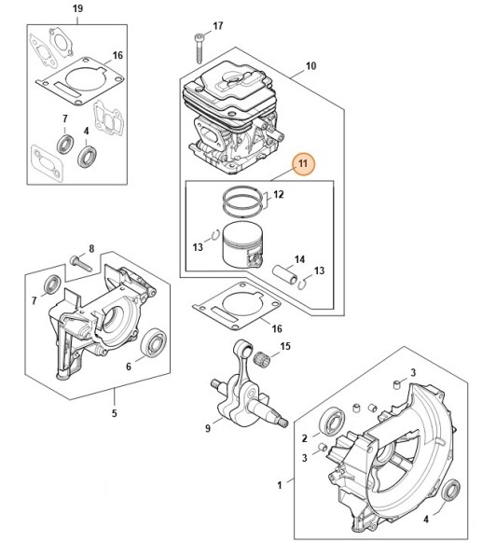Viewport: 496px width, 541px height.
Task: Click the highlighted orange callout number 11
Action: pyautogui.click(x=302, y=163)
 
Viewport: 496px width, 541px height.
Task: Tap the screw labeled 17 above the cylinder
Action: pyautogui.click(x=199, y=49)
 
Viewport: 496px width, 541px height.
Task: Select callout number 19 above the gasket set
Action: pyautogui.click(x=78, y=8)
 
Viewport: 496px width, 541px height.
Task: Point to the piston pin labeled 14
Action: pyautogui.click(x=284, y=276)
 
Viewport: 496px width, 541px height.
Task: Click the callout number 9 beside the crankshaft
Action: pyautogui.click(x=208, y=428)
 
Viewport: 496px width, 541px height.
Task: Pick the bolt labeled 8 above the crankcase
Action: pyautogui.click(x=81, y=263)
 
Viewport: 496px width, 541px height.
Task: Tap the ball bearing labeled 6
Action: pyautogui.click(x=154, y=341)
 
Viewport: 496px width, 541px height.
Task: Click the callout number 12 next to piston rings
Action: pyautogui.click(x=279, y=195)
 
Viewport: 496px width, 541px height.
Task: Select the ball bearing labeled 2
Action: pyautogui.click(x=332, y=422)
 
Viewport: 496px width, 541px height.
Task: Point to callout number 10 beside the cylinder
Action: pyautogui.click(x=310, y=66)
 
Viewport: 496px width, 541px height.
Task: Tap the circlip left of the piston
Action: pyautogui.click(x=215, y=235)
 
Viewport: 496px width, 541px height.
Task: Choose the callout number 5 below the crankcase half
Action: pyautogui.click(x=114, y=413)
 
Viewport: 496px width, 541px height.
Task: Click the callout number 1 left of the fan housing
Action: pyautogui.click(x=280, y=485)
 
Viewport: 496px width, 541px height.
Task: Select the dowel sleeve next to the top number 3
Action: pyautogui.click(x=397, y=384)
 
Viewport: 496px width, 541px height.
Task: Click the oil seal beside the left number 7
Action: pyautogui.click(x=52, y=284)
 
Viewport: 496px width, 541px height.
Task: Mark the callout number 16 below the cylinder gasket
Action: pyautogui.click(x=277, y=328)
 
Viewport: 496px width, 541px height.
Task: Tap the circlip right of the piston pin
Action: pyautogui.click(x=302, y=284)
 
